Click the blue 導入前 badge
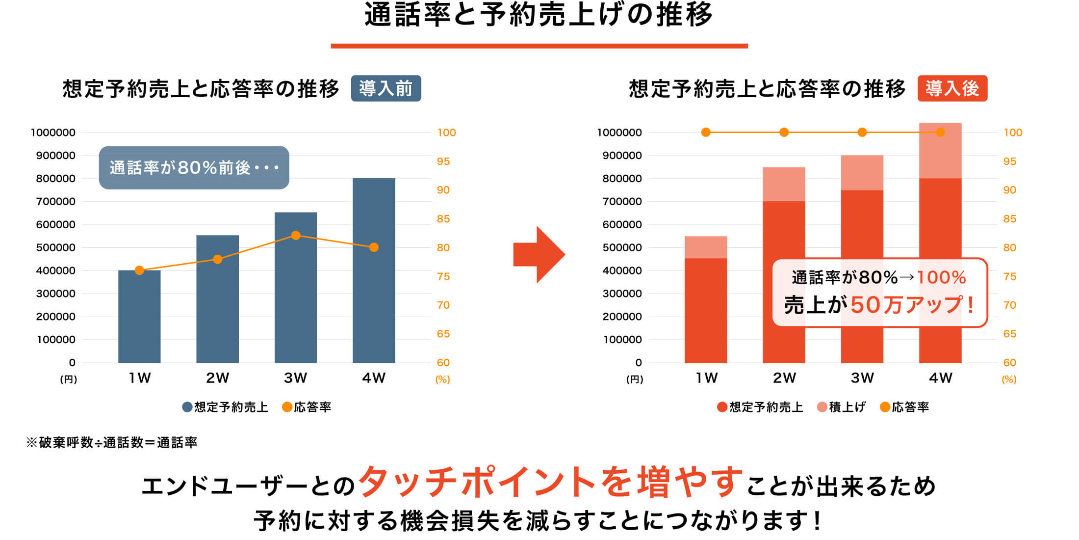click(385, 88)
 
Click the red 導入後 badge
click(952, 88)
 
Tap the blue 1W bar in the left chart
click(139, 319)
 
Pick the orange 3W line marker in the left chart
click(296, 236)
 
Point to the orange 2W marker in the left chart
click(218, 259)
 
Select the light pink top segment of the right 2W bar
click(784, 184)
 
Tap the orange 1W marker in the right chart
click(706, 132)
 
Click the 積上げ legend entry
click(842, 407)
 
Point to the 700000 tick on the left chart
click(55, 201)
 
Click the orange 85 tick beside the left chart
click(443, 219)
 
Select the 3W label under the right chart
click(862, 378)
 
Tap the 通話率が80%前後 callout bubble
click(194, 167)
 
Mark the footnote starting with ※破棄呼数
click(112, 442)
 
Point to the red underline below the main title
click(539, 46)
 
